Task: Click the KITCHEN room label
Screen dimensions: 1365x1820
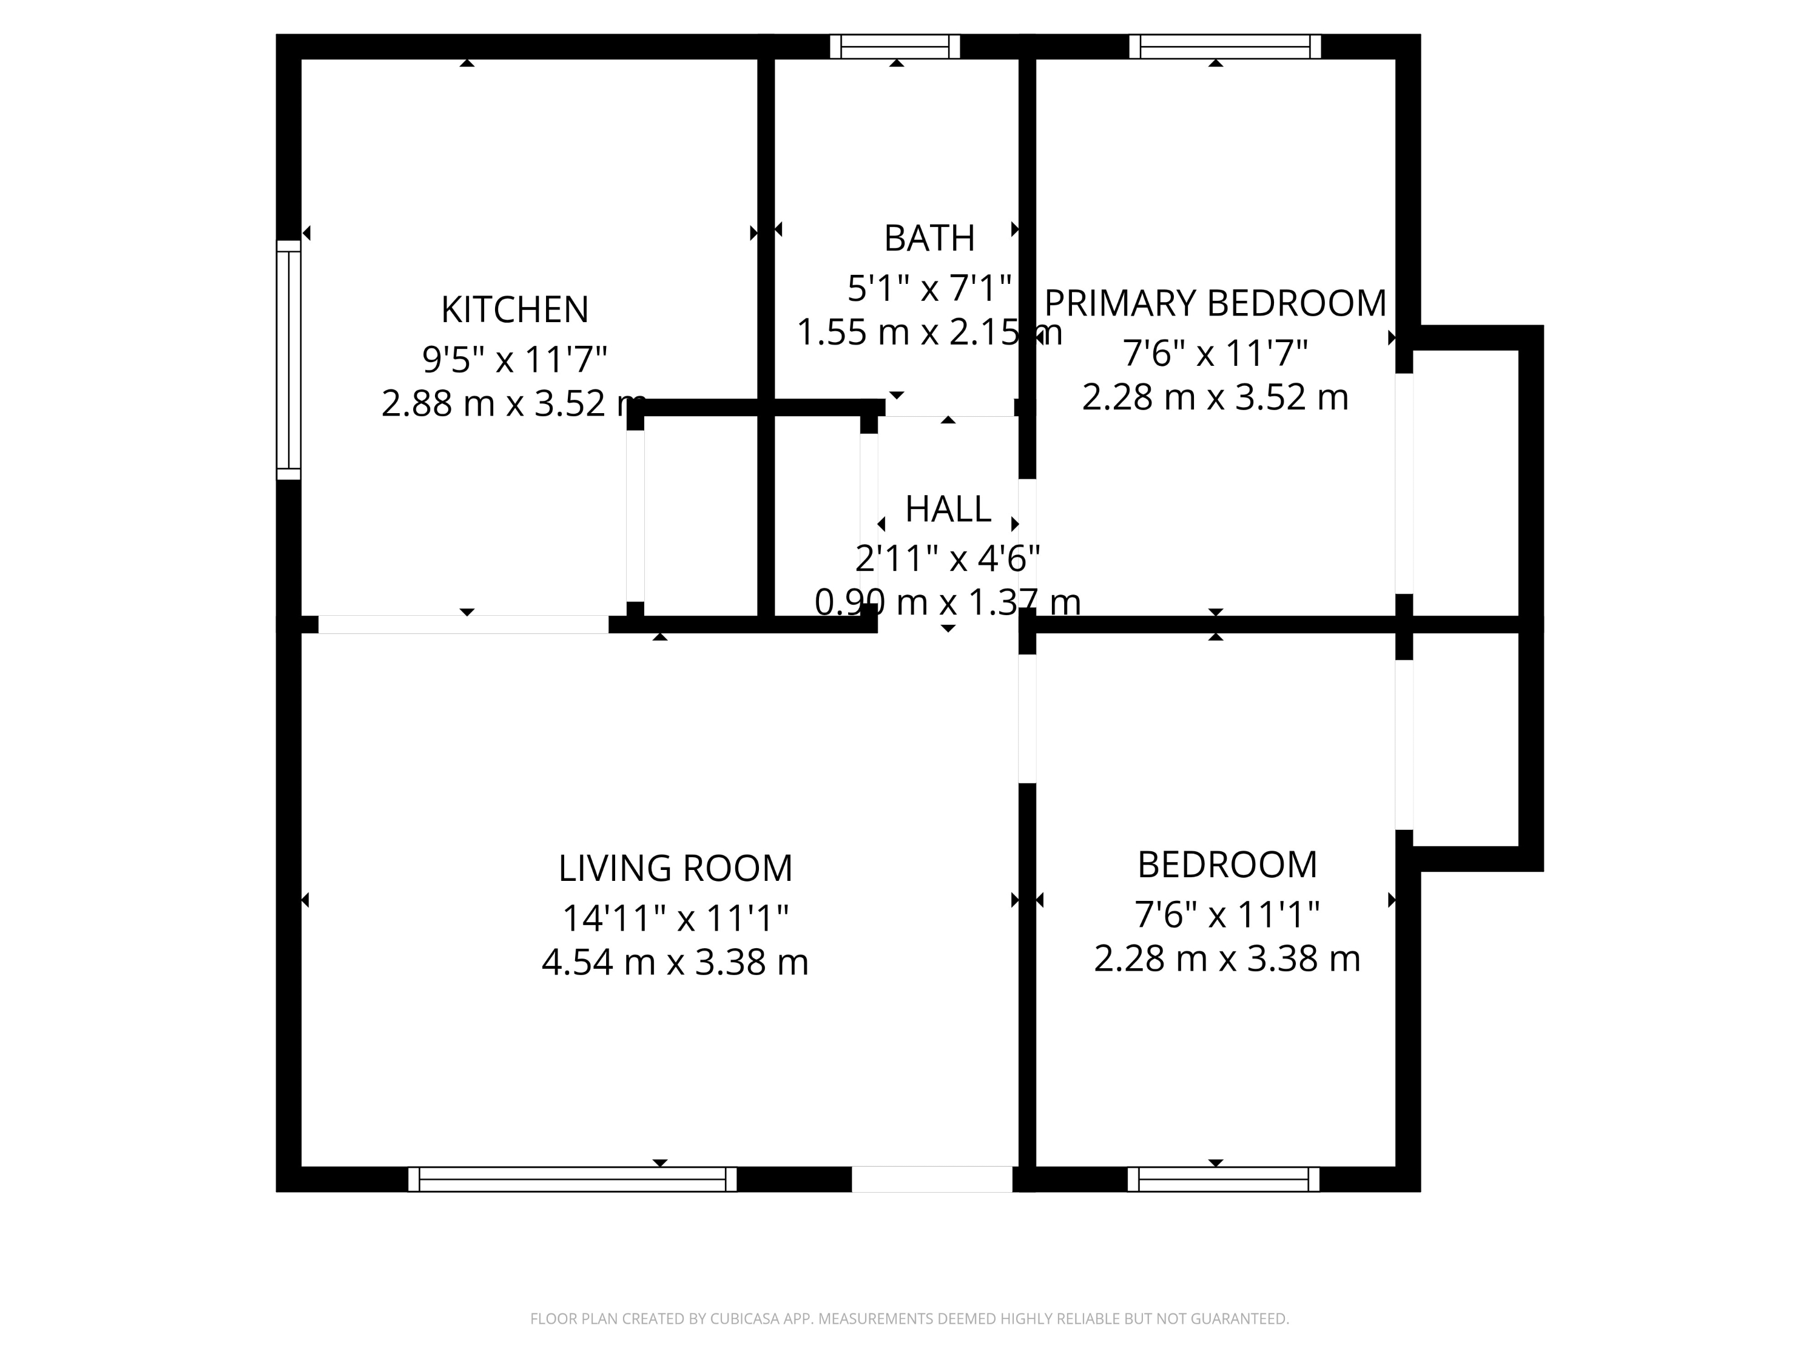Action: coord(514,310)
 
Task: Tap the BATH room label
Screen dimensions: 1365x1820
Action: coord(929,238)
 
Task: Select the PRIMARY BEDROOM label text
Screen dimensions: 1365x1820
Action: coord(1215,303)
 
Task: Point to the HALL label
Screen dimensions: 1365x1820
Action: coord(948,510)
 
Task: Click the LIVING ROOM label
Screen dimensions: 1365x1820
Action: coord(675,869)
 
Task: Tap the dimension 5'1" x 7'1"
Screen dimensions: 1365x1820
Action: coord(929,289)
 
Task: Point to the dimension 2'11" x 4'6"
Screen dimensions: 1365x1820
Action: coord(948,559)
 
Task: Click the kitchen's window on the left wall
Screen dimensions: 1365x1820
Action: coord(289,360)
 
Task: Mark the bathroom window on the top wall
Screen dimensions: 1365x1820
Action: coord(895,47)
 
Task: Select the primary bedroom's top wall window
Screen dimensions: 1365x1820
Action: coord(1224,47)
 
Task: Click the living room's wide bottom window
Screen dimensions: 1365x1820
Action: coord(572,1179)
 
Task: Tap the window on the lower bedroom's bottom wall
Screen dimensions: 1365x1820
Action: coord(1222,1179)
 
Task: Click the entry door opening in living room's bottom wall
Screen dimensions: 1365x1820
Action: coord(931,1179)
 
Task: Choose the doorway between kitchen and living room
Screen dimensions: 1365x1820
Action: coord(463,624)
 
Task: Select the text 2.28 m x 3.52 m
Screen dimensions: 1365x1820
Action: coord(1215,398)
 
